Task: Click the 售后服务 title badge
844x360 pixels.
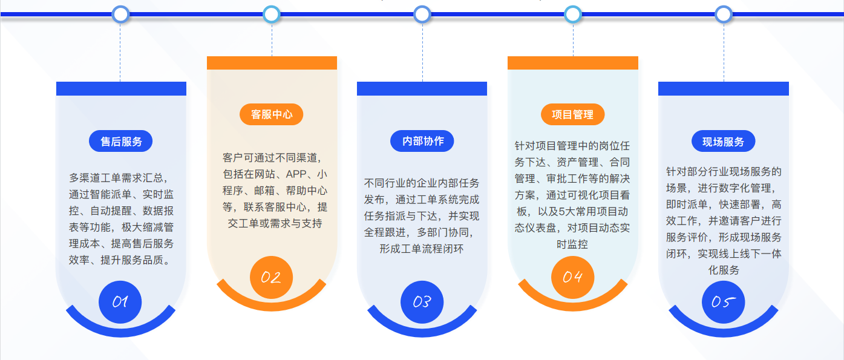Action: [120, 142]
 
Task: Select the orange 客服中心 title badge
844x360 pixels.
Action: [271, 114]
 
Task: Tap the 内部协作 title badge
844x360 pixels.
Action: [422, 141]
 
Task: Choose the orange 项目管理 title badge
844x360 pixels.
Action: [573, 114]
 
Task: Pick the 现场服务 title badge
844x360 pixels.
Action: [724, 142]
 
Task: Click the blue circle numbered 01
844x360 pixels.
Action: [120, 302]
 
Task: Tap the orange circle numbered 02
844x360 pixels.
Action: [271, 278]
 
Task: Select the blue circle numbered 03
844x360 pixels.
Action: [422, 302]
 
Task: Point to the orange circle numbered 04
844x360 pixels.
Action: [573, 278]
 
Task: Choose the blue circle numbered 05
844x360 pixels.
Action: [724, 302]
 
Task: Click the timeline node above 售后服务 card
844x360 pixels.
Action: [120, 15]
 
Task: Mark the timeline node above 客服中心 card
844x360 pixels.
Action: [271, 15]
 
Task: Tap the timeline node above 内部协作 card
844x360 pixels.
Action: [422, 15]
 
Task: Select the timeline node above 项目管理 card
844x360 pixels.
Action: [573, 15]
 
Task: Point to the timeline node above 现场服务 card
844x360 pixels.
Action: [724, 15]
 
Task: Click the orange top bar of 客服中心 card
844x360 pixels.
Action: [272, 63]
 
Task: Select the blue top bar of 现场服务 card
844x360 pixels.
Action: [724, 88]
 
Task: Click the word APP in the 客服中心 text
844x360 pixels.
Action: [296, 174]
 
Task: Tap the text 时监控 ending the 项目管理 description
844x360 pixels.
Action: [572, 244]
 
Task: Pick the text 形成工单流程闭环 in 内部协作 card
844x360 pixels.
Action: [422, 249]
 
